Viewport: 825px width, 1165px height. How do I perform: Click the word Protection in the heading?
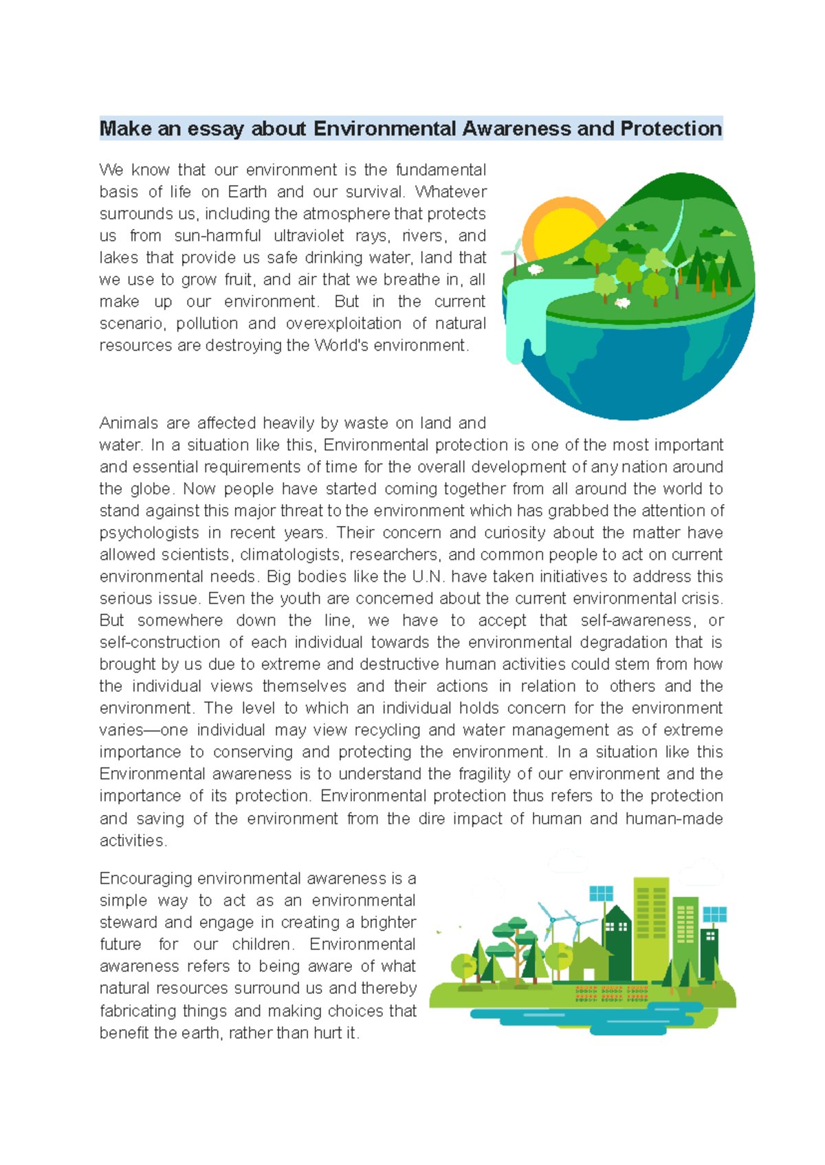coord(670,129)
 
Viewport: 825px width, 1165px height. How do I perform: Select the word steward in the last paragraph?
coord(129,922)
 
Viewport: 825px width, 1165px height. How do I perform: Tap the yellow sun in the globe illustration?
coord(559,230)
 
